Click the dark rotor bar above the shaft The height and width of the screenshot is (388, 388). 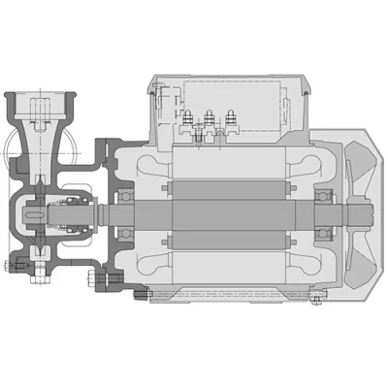[x=228, y=184]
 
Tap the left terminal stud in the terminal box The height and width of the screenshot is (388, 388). [x=184, y=120]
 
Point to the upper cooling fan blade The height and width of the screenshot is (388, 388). [x=367, y=160]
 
